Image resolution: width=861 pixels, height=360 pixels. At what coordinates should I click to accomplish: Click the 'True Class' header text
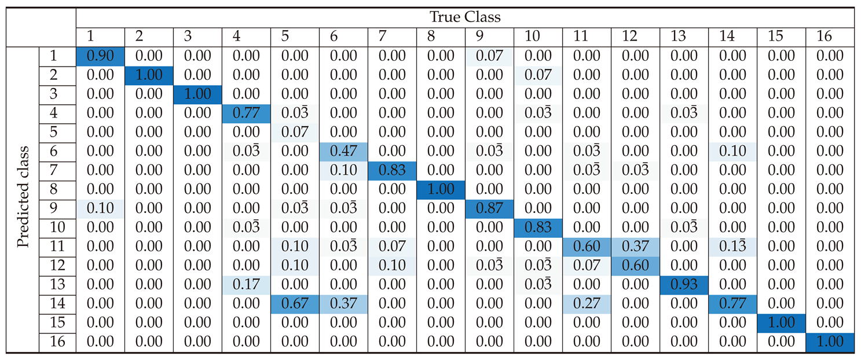click(x=465, y=17)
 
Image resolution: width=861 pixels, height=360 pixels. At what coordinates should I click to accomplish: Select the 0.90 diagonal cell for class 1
click(x=100, y=56)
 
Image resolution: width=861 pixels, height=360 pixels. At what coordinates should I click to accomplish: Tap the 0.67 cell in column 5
click(x=295, y=304)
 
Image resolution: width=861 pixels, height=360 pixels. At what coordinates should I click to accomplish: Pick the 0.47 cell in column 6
click(x=343, y=152)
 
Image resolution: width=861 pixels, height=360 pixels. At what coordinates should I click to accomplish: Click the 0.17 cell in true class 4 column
click(x=246, y=285)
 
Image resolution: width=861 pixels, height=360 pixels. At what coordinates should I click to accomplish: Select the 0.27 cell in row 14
click(x=587, y=304)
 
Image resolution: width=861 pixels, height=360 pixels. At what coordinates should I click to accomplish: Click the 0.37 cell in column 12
click(x=635, y=247)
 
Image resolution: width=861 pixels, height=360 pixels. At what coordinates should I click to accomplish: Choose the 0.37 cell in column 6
click(x=343, y=304)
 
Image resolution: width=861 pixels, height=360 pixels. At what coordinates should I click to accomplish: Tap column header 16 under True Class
click(x=830, y=36)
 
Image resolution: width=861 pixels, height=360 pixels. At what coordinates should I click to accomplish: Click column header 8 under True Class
click(x=441, y=36)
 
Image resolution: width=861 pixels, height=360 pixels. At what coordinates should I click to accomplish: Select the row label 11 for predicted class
click(x=57, y=247)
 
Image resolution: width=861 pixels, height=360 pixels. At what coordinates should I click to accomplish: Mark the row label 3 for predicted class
click(x=57, y=94)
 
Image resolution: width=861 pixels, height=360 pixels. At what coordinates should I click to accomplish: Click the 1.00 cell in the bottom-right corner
click(x=830, y=342)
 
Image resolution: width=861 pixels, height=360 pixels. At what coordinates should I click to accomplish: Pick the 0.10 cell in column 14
click(x=732, y=152)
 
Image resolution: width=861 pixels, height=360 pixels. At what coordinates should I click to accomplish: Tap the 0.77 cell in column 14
click(x=732, y=304)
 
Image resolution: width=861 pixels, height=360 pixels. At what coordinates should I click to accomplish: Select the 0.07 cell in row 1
click(x=489, y=56)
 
